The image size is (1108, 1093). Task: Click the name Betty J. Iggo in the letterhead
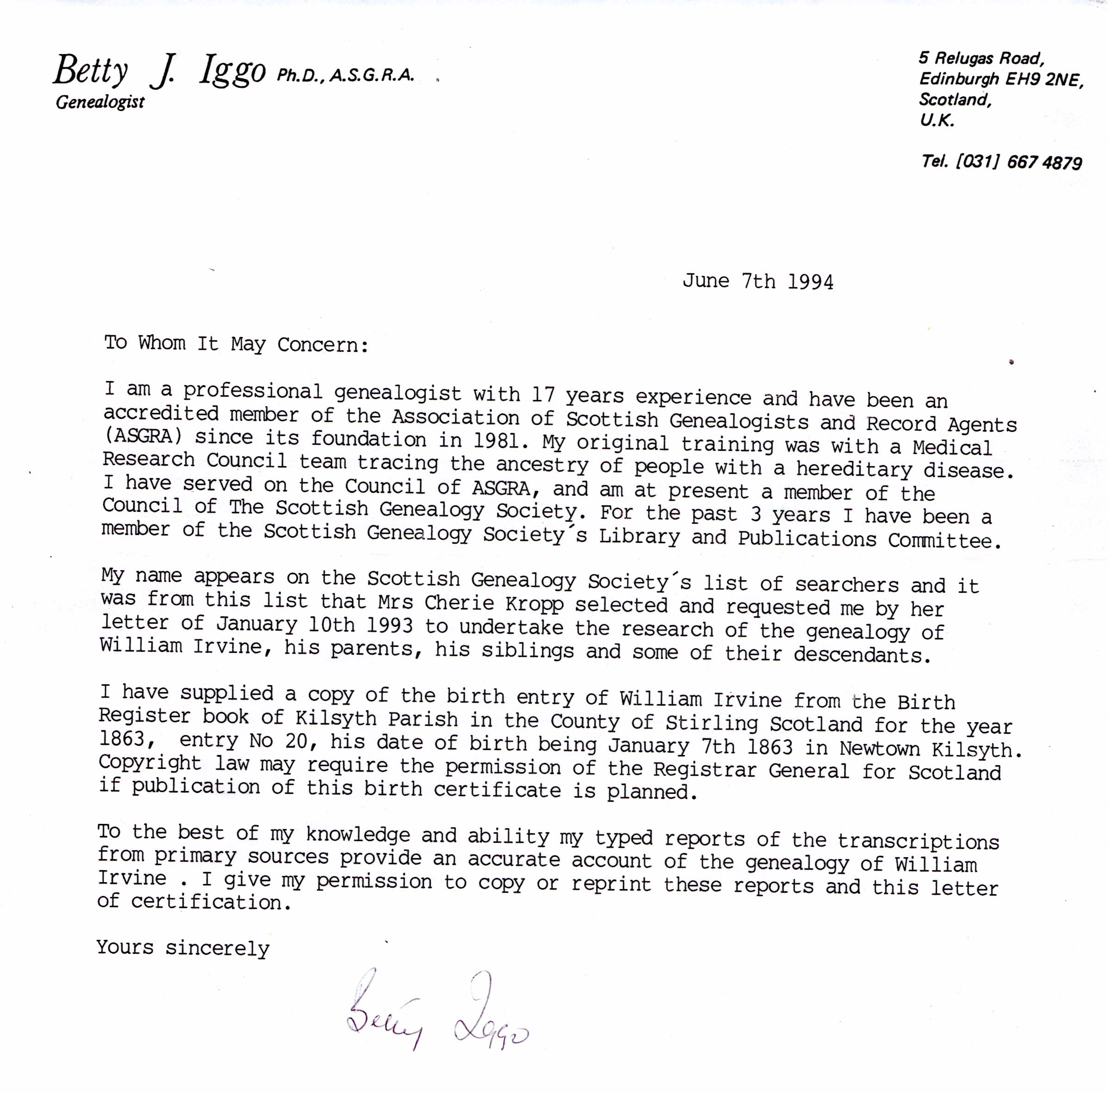click(x=160, y=73)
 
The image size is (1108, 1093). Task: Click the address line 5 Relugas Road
click(x=981, y=58)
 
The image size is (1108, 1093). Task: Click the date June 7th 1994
click(x=758, y=282)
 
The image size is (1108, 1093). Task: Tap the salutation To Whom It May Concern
click(x=235, y=344)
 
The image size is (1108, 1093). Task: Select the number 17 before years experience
click(x=543, y=395)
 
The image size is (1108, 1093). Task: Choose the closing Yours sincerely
click(x=182, y=947)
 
